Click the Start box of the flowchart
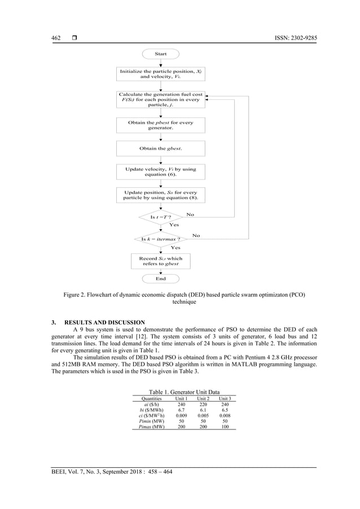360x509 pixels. (x=160, y=54)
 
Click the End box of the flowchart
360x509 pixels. (x=160, y=278)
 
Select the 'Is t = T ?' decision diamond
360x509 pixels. (x=160, y=217)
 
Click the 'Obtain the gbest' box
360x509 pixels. (x=160, y=148)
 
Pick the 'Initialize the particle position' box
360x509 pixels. (x=160, y=75)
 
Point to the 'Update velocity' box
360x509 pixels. (x=160, y=172)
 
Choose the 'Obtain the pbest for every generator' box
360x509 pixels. (x=160, y=125)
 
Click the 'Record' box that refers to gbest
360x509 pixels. (x=160, y=261)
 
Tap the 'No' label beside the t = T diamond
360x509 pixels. (x=190, y=214)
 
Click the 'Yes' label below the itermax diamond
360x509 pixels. (x=175, y=247)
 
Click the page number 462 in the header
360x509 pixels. (x=56, y=38)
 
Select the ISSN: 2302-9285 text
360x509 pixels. (x=294, y=38)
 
